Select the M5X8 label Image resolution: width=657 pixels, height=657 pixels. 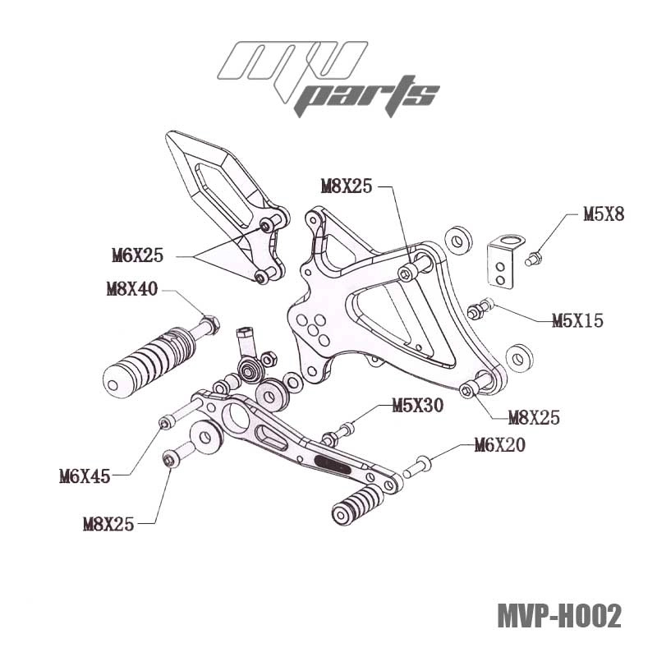pyautogui.click(x=604, y=214)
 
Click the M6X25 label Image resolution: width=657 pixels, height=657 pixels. pyautogui.click(x=137, y=255)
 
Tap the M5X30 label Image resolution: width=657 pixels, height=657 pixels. pyautogui.click(x=417, y=405)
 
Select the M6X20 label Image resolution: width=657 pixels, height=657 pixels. pyautogui.click(x=500, y=446)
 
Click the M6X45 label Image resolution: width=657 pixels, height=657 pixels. pyautogui.click(x=85, y=475)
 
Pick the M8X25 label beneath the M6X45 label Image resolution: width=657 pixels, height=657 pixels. pyautogui.click(x=108, y=523)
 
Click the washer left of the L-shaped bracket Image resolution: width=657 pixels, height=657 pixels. pyautogui.click(x=457, y=241)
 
